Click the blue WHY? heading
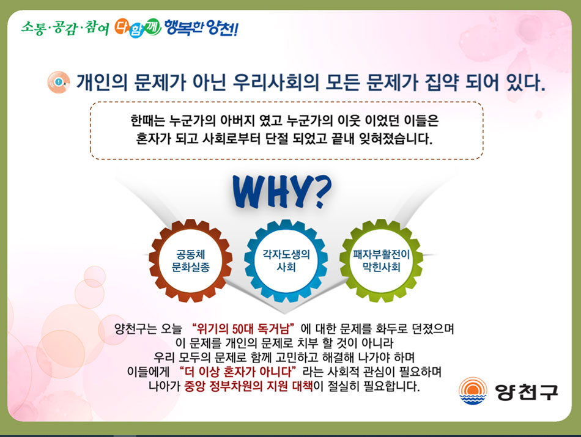(x=282, y=191)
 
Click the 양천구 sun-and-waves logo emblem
(x=473, y=391)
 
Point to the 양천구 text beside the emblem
(x=526, y=392)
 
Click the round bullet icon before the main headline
(x=59, y=82)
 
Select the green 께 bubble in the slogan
(x=152, y=27)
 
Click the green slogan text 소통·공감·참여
(x=65, y=28)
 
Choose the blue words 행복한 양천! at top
(x=201, y=28)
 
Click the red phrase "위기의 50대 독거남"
(x=243, y=328)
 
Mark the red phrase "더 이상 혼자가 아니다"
(x=238, y=371)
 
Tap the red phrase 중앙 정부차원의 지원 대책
(x=249, y=386)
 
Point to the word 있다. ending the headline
(x=526, y=83)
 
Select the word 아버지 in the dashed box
(x=237, y=120)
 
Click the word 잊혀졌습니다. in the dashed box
(x=396, y=139)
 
